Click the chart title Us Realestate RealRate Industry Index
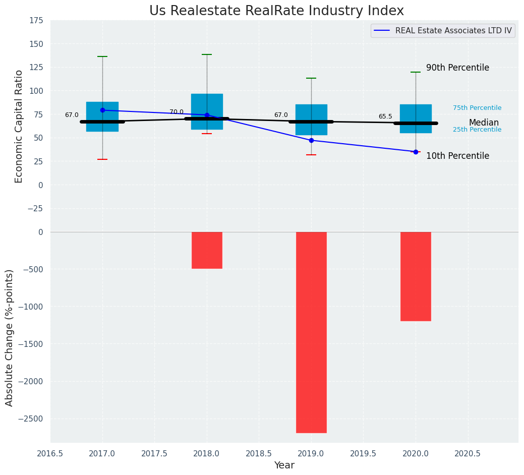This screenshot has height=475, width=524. click(276, 11)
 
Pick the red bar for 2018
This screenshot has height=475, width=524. click(207, 250)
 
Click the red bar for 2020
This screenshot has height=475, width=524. click(416, 276)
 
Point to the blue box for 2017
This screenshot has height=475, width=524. click(102, 116)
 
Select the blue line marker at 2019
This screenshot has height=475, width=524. click(311, 140)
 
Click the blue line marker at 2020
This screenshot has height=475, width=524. click(416, 152)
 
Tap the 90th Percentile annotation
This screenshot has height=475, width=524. click(457, 68)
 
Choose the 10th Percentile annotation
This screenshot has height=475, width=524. click(457, 156)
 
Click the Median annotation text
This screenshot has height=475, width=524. click(484, 123)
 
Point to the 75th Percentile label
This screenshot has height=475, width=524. click(477, 108)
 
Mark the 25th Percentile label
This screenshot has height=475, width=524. click(477, 130)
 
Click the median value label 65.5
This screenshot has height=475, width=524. click(385, 116)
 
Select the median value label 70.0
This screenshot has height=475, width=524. click(177, 112)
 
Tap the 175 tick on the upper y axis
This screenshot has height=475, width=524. click(36, 21)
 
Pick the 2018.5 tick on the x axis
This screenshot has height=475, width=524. click(259, 453)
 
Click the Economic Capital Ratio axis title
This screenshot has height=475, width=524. click(19, 126)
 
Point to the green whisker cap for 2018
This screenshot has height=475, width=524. click(207, 54)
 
